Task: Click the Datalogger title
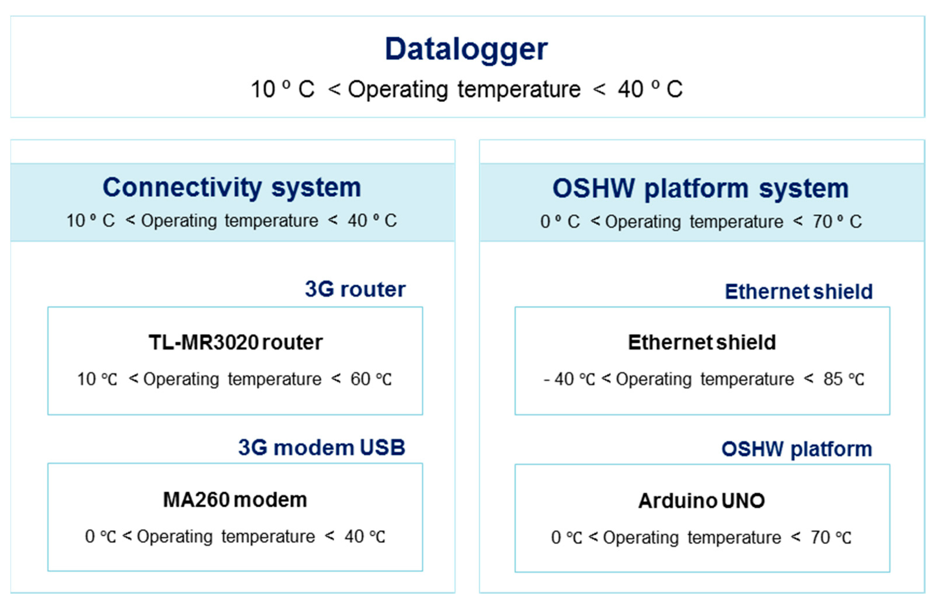click(x=466, y=50)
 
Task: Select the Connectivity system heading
click(x=232, y=188)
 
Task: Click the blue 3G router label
click(x=355, y=290)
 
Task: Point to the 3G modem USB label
click(x=321, y=448)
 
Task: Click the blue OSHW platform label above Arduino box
click(x=796, y=449)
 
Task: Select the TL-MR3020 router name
click(x=235, y=342)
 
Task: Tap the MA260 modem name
click(x=235, y=500)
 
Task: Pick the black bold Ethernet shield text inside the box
click(x=702, y=342)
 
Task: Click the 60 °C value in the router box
click(x=370, y=379)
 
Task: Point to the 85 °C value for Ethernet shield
click(x=844, y=379)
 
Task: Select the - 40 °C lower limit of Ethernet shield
click(x=569, y=379)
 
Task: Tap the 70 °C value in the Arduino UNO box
click(x=830, y=537)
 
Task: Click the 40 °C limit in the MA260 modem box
click(x=365, y=537)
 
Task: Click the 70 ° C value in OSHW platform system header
click(x=837, y=222)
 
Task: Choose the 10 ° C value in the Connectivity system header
click(x=90, y=220)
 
